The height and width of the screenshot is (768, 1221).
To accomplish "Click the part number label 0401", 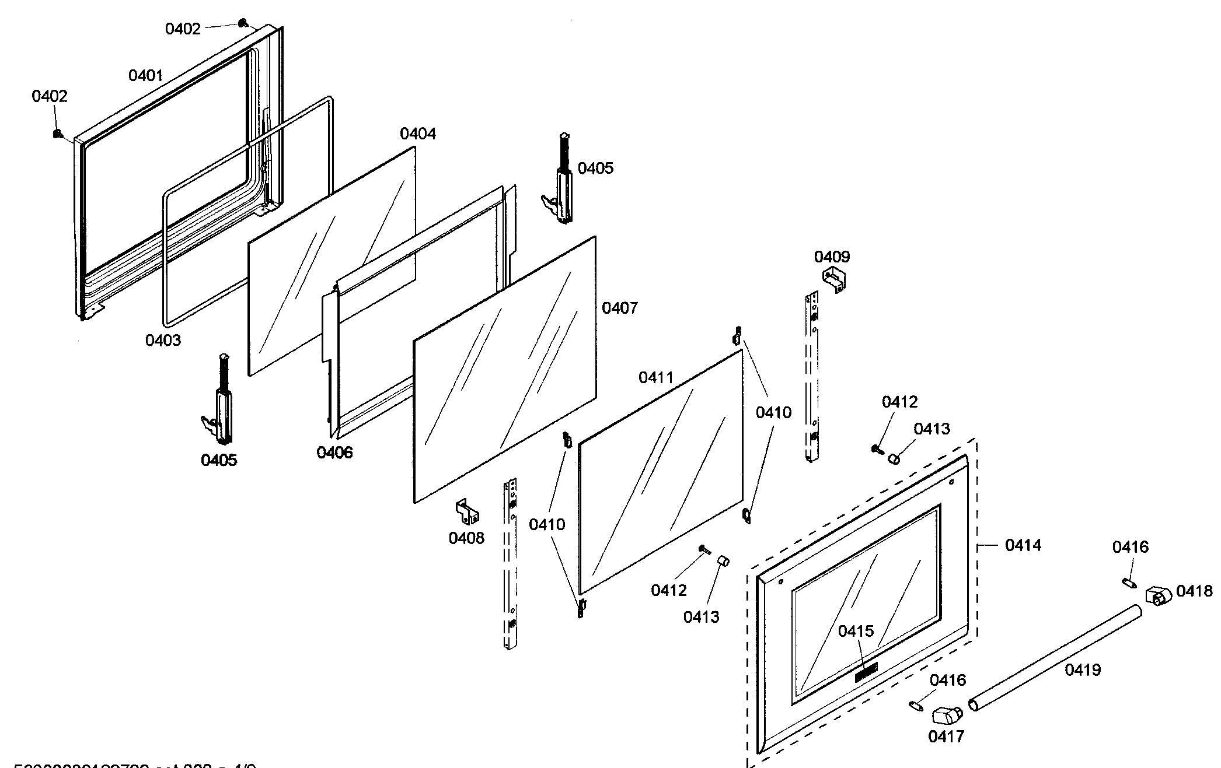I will tap(145, 75).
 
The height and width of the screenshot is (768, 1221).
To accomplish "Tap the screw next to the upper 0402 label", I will tap(242, 23).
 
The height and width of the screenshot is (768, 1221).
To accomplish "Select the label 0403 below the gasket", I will tap(163, 340).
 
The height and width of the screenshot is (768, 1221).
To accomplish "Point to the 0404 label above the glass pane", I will tap(417, 134).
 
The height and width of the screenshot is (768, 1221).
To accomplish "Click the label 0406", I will tap(334, 452).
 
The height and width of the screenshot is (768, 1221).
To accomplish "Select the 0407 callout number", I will tap(619, 307).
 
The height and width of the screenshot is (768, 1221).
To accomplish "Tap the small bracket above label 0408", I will tap(467, 511).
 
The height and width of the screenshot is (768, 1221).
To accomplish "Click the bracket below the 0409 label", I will tap(834, 279).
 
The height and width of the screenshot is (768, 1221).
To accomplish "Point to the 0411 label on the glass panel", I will tap(655, 377).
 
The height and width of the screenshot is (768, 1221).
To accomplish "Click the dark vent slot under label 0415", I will tap(866, 672).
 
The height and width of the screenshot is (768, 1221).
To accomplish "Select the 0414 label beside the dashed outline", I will tap(1023, 545).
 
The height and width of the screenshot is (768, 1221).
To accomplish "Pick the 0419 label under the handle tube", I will tap(1083, 669).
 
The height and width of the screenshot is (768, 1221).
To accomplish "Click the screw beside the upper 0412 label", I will tap(876, 448).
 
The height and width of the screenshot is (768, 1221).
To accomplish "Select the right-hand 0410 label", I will tap(773, 413).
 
